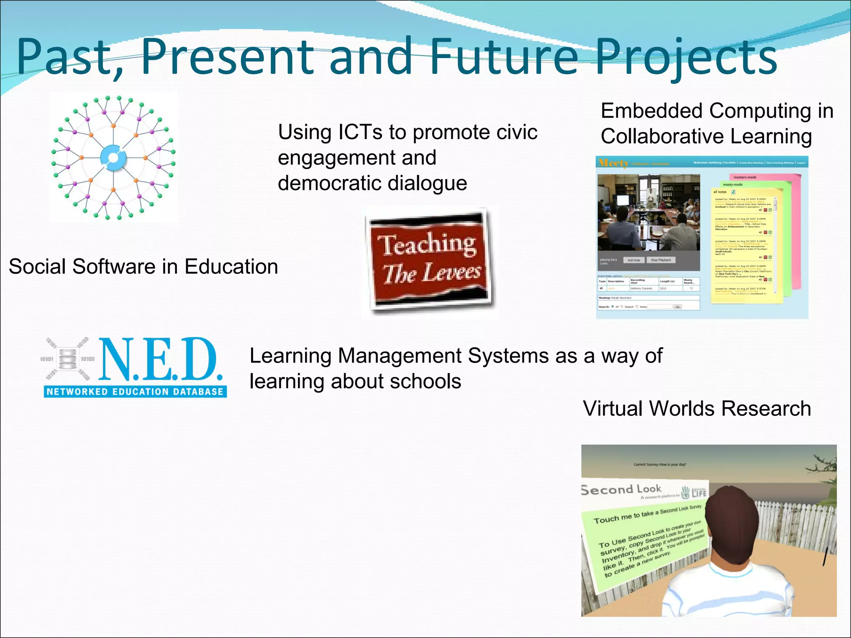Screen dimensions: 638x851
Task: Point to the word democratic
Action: [328, 183]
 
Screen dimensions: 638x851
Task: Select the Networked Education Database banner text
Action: [135, 391]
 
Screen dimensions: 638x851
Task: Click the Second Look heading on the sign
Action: [621, 489]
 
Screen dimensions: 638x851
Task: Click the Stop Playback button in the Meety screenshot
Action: [661, 260]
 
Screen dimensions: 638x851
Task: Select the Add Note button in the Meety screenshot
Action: [634, 260]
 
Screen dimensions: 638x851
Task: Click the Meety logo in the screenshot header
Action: [613, 163]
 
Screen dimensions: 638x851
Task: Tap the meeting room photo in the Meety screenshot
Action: [649, 212]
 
